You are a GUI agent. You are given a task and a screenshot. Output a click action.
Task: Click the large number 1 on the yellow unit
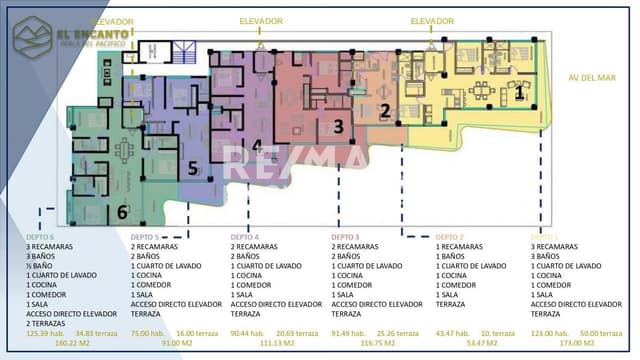(x=519, y=93)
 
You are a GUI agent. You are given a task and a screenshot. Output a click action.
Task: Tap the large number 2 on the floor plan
(x=384, y=111)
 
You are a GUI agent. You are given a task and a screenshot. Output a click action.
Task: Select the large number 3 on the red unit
(x=339, y=126)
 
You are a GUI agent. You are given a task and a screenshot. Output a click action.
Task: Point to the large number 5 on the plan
(x=193, y=167)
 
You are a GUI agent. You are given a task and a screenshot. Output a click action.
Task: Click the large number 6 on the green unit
(x=122, y=212)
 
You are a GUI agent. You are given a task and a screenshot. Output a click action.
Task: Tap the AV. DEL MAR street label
(x=589, y=77)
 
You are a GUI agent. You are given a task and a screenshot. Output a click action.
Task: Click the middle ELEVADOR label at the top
(x=261, y=20)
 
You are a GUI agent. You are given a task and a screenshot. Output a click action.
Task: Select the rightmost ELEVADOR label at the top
(x=432, y=20)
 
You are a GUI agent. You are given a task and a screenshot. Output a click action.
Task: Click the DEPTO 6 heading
(x=41, y=237)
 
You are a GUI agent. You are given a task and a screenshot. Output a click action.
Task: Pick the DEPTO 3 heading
(x=346, y=237)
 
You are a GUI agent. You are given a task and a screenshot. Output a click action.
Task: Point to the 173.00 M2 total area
(x=579, y=342)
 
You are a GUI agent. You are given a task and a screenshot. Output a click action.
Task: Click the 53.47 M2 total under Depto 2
(x=484, y=342)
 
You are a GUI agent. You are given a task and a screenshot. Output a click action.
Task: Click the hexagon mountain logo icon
(x=31, y=39)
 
